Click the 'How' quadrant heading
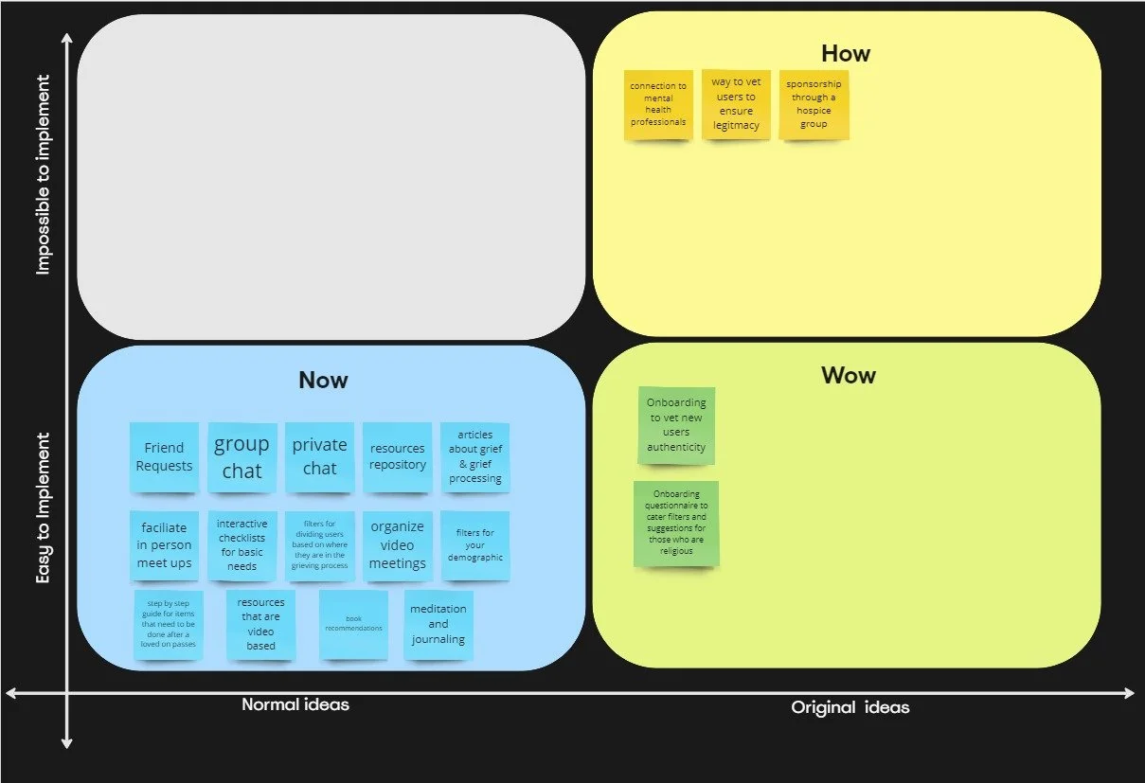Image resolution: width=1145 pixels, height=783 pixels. tap(845, 54)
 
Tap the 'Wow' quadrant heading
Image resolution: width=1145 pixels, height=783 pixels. tap(848, 376)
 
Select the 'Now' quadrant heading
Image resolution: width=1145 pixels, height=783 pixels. tap(323, 381)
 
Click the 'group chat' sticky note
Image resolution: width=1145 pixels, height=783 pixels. tap(242, 457)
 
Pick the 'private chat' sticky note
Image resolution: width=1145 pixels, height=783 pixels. tap(319, 457)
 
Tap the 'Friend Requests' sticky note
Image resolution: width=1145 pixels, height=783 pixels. tap(164, 457)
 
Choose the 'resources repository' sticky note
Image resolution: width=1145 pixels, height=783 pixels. tap(397, 457)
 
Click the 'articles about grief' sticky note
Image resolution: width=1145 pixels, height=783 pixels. tap(474, 457)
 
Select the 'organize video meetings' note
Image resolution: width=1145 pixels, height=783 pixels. tap(397, 546)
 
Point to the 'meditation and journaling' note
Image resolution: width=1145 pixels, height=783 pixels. tap(438, 625)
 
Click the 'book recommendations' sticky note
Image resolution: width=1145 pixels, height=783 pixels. tap(353, 625)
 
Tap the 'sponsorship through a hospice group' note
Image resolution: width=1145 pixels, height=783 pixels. tap(814, 104)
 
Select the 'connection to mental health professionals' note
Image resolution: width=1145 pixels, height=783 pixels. tap(657, 105)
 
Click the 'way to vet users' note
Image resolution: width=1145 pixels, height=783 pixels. tap(736, 104)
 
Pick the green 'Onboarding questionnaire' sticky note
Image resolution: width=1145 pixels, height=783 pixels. tap(676, 524)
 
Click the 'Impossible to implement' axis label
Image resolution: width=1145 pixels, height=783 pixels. tap(43, 175)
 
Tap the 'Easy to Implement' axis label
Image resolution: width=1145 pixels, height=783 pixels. tap(43, 507)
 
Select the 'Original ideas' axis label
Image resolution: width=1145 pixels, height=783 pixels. tap(850, 707)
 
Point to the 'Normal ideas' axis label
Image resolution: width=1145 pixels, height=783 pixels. tap(295, 704)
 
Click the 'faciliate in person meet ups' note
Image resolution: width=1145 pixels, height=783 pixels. tap(164, 546)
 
